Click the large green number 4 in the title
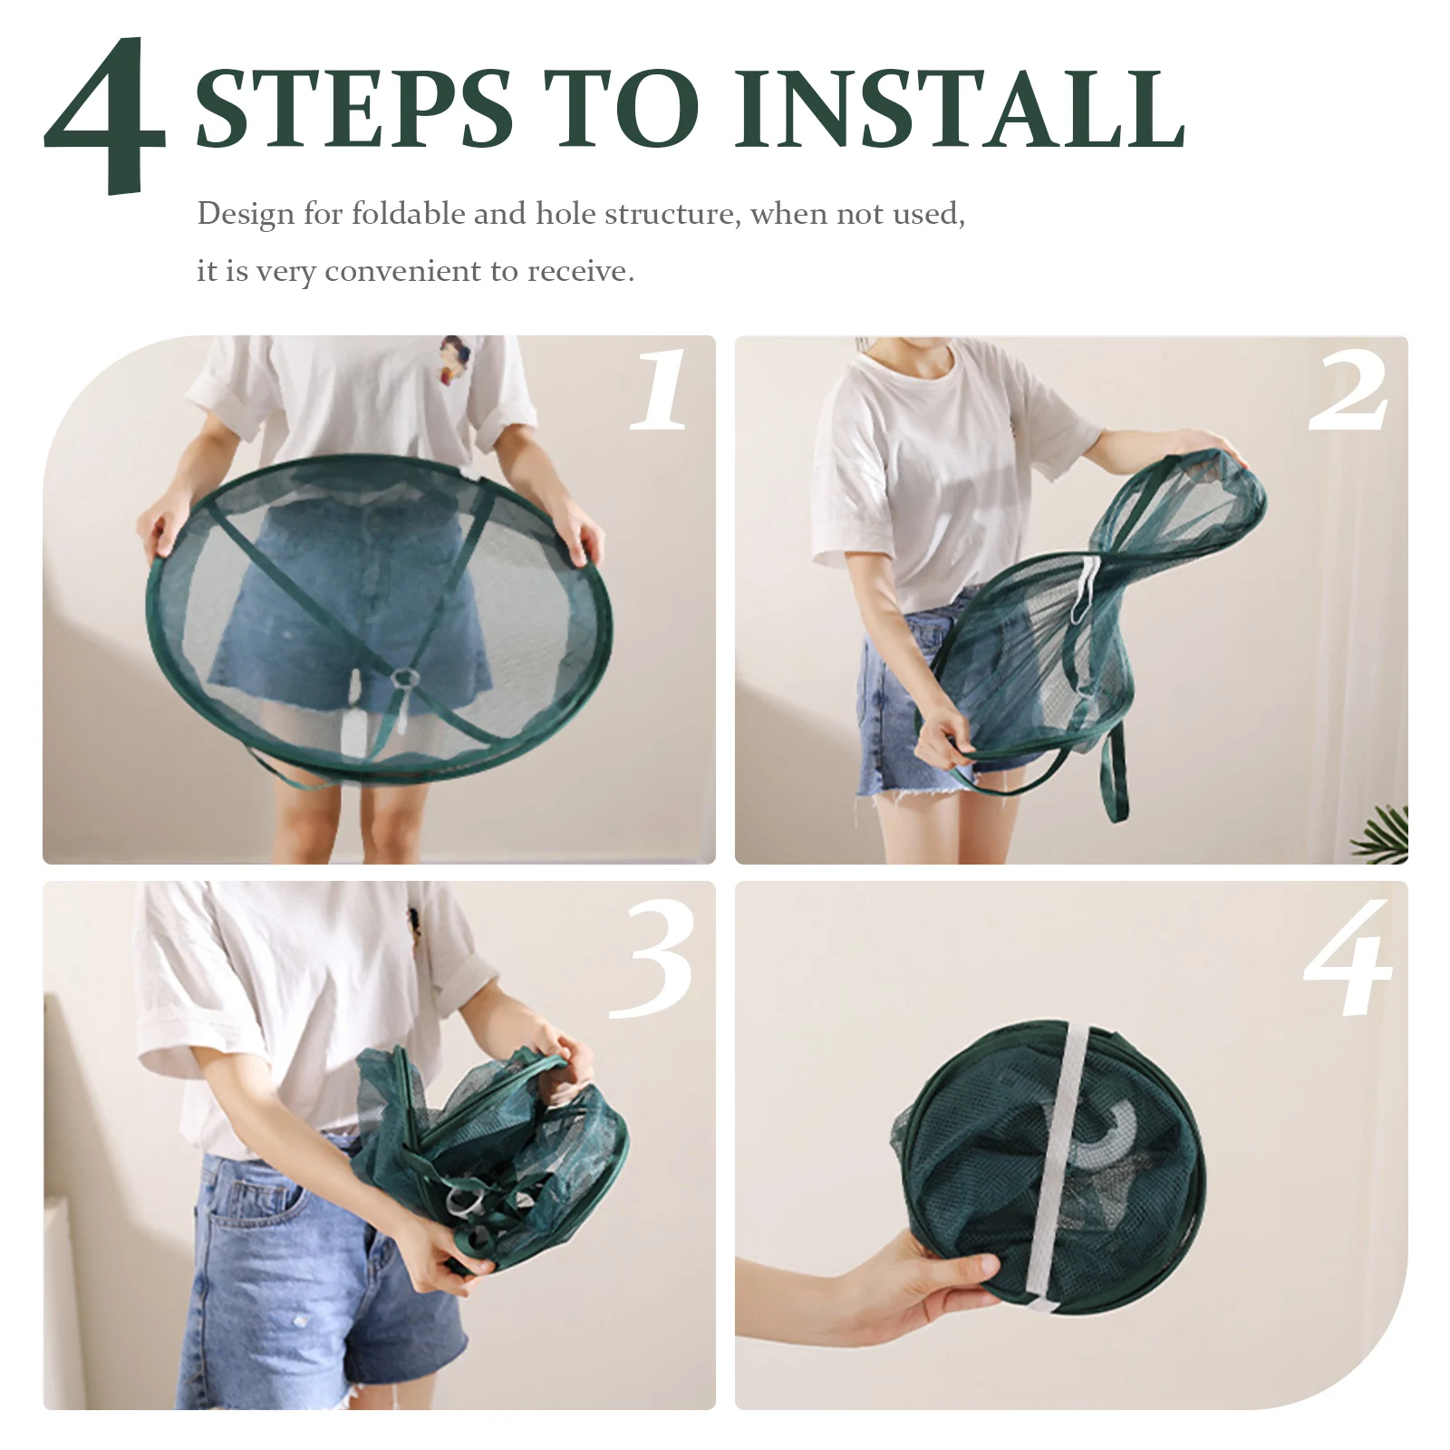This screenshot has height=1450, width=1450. point(107,115)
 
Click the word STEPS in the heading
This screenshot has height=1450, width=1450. point(354,109)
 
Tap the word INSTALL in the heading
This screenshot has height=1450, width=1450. point(960,109)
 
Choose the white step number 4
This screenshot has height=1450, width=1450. point(1348,958)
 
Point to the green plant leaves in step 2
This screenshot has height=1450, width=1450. point(1382,834)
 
